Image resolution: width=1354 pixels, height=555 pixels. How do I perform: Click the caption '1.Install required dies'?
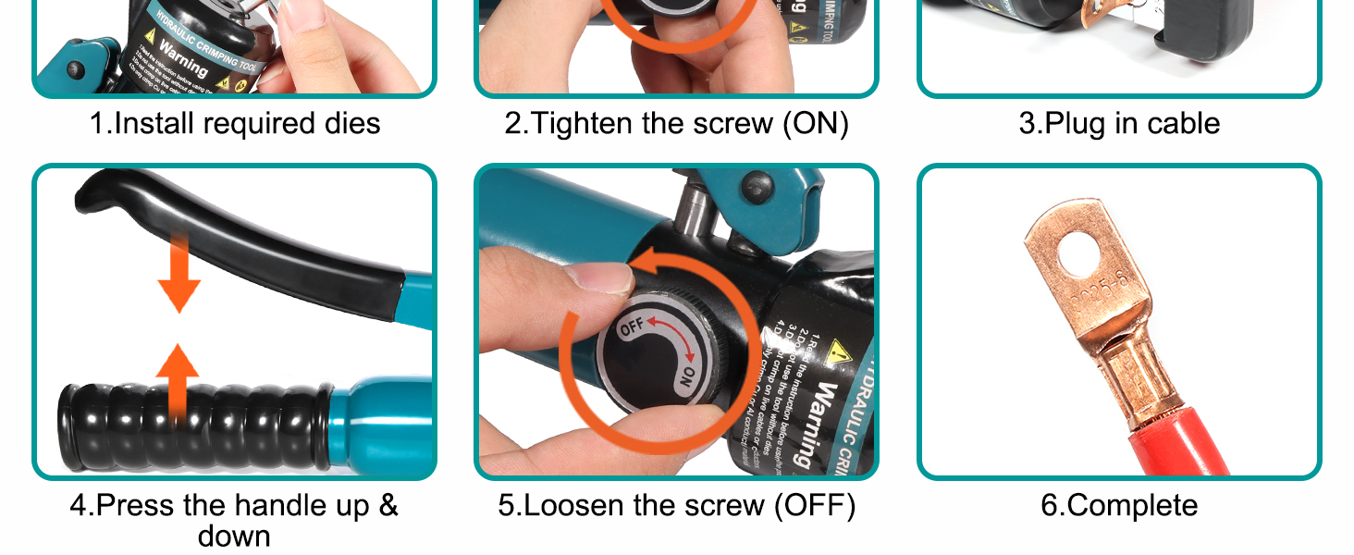235,124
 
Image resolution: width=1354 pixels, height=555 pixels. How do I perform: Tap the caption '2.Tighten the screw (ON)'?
676,124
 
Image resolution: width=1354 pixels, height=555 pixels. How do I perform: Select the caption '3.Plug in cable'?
1119,124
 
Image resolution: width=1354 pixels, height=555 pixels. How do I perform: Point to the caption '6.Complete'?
1119,506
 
